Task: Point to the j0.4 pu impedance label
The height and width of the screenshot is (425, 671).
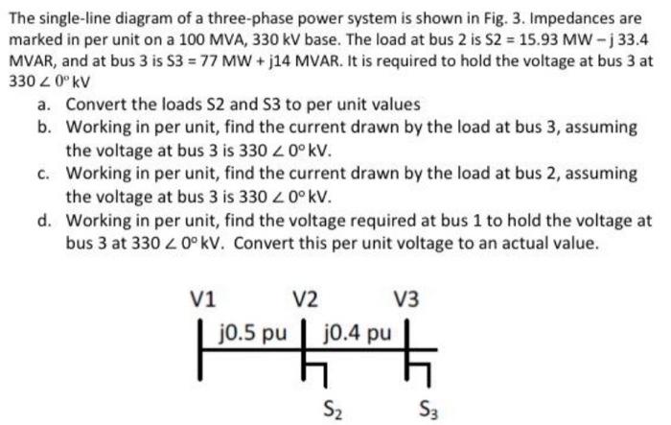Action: coord(359,333)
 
